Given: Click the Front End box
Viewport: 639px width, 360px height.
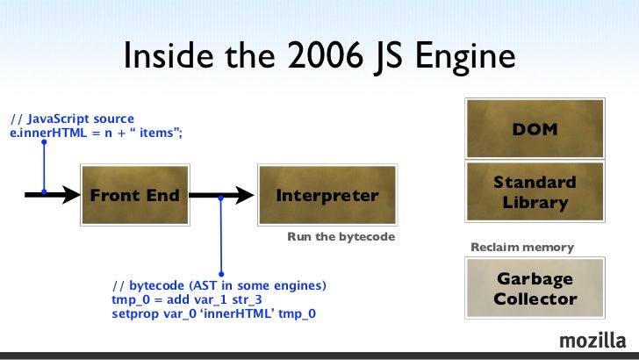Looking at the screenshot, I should [x=134, y=195].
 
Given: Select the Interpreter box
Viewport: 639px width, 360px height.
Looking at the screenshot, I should [x=327, y=195].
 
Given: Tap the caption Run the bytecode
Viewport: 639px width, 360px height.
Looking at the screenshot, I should [x=341, y=237].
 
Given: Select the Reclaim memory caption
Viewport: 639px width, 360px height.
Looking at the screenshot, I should [x=522, y=248].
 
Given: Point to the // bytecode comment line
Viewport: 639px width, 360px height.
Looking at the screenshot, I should [x=219, y=286].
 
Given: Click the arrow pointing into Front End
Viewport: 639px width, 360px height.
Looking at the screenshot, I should [x=53, y=196].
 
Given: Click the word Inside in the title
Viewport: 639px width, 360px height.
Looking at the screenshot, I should [x=161, y=58].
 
